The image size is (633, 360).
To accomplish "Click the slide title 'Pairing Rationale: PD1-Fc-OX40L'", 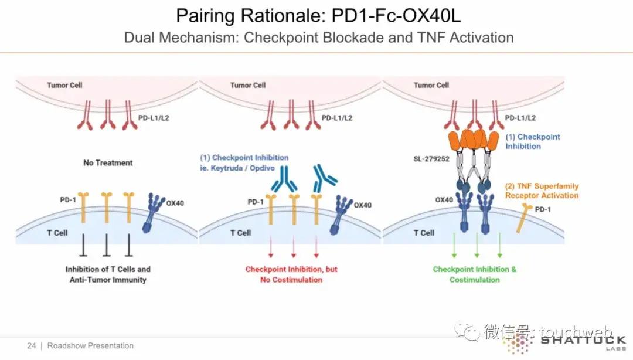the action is [318, 16].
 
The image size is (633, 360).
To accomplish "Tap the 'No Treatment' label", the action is [108, 163].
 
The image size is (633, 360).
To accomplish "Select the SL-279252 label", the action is [431, 159].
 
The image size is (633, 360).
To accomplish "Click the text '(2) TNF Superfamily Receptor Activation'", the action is [542, 191].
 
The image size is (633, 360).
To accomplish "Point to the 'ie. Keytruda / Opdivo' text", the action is [237, 168].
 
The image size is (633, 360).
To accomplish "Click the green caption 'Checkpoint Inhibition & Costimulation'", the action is [474, 274].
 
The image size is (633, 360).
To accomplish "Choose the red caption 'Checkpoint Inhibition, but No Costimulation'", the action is [291, 274].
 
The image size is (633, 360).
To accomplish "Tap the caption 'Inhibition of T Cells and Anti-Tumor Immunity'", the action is [108, 274].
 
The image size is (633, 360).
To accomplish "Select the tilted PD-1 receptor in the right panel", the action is [524, 218].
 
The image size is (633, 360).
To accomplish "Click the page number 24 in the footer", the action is [32, 346].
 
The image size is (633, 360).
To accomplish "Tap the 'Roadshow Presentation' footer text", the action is [90, 346].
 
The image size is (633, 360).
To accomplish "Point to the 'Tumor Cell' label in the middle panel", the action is [248, 85].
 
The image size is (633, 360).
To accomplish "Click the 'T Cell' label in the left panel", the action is [57, 233].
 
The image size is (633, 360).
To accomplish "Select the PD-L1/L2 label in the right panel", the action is [520, 118].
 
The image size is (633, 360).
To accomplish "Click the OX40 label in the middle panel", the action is [363, 205].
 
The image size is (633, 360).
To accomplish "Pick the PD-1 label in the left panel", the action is [68, 200].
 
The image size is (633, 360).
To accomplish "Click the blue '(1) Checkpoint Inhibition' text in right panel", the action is [532, 141].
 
